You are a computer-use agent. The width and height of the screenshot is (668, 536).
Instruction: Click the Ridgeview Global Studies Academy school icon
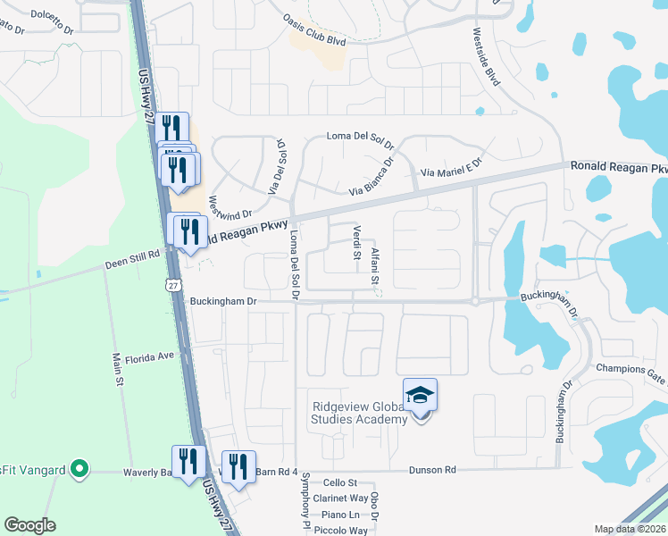(x=421, y=395)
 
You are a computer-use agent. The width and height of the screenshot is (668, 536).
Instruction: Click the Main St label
(x=117, y=368)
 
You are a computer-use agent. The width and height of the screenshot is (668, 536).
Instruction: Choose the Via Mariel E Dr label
(x=450, y=168)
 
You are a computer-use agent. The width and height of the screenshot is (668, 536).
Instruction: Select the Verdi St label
(x=356, y=241)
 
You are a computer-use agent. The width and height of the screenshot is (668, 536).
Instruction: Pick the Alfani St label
(x=376, y=265)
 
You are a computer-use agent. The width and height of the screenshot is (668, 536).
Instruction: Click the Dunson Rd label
(x=432, y=470)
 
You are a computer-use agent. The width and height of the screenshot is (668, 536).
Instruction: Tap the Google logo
(x=29, y=525)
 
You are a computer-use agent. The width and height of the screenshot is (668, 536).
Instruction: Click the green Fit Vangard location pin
(x=79, y=468)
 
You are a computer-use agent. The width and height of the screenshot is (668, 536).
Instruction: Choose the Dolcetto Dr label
(x=52, y=15)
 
